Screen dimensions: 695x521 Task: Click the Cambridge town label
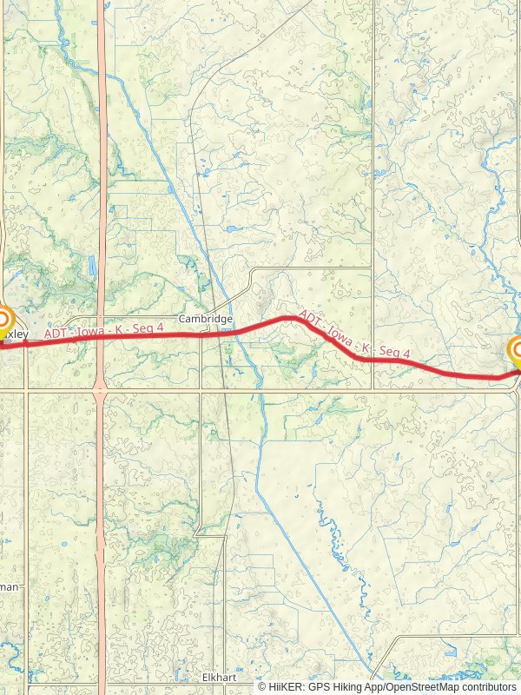pos(206,319)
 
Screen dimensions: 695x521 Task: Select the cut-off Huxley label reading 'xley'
pos(16,334)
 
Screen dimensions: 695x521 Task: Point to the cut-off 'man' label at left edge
pos(9,587)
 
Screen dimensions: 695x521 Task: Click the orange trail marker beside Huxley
pos(3,320)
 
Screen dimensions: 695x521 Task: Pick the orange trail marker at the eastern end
pos(518,351)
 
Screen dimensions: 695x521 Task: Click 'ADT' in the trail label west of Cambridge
pos(57,333)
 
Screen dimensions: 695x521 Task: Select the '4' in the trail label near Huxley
pos(161,326)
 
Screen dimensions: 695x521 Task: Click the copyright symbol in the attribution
pos(261,686)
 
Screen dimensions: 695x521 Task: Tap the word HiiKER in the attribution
pos(284,686)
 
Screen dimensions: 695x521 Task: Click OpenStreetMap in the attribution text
pos(419,686)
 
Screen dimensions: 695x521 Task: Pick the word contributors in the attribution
pos(487,686)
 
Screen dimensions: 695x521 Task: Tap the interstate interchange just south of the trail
pos(102,382)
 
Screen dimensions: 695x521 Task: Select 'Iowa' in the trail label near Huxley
pos(93,330)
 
